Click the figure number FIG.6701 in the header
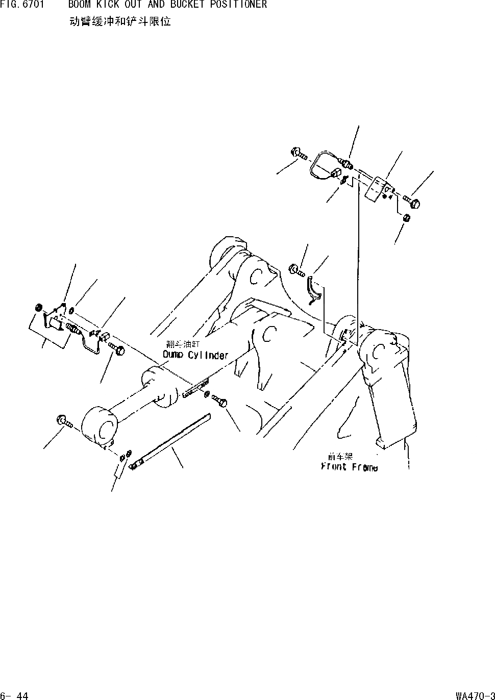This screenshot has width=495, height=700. tap(21, 5)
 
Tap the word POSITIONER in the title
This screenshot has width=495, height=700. tap(238, 5)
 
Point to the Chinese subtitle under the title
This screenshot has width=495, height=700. tap(119, 22)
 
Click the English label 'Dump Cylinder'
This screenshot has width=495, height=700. tap(195, 355)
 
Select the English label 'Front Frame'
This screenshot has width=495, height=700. tap(350, 467)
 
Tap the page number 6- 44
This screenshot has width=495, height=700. tap(14, 695)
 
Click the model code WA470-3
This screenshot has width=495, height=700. tap(474, 695)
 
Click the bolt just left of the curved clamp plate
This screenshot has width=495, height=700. tap(295, 269)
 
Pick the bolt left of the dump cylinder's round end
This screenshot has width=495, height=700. tap(64, 421)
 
